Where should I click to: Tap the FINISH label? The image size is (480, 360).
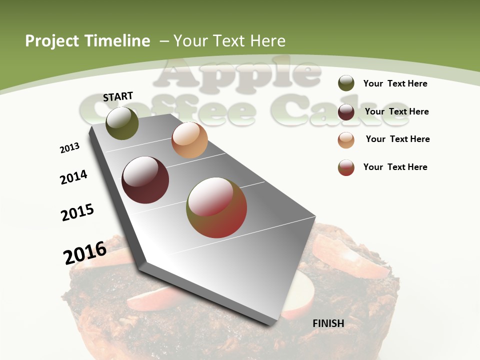(x=328, y=323)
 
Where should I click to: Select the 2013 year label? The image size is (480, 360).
(x=70, y=148)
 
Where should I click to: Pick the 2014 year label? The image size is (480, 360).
(x=74, y=177)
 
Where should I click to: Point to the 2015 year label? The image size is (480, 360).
(x=77, y=212)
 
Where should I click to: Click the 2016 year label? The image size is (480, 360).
(x=85, y=252)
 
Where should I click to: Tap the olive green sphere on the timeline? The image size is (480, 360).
(x=122, y=123)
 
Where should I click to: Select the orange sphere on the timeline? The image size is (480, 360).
(x=189, y=140)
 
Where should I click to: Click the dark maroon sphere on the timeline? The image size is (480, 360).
(x=145, y=180)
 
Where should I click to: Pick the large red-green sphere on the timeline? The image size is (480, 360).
(x=216, y=207)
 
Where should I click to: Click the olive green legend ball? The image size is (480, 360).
(x=346, y=83)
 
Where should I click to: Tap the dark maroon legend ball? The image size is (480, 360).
(x=346, y=112)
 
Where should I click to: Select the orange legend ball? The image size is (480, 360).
(x=346, y=140)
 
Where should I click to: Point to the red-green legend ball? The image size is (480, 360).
(x=346, y=167)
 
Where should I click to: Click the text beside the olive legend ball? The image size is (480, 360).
(x=395, y=83)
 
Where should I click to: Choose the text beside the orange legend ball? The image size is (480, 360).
(x=397, y=139)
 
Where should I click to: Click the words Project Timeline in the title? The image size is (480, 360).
(x=87, y=41)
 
